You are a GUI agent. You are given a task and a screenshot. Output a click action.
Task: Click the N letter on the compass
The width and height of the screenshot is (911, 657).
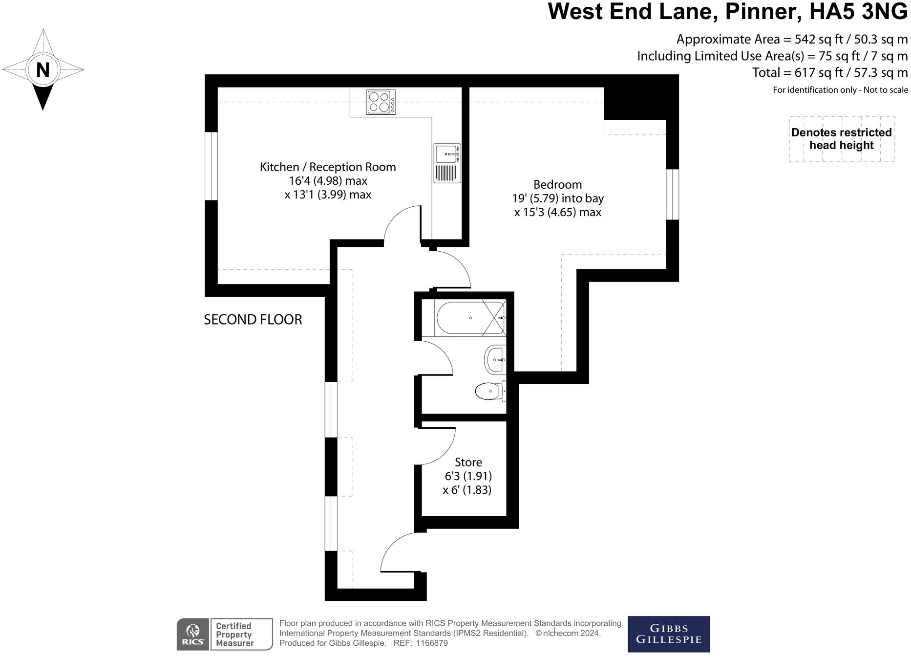[x=43, y=70]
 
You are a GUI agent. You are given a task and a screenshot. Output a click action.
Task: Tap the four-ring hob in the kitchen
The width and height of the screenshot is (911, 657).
[x=381, y=102]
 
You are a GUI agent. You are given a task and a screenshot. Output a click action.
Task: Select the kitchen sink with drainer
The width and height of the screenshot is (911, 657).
[x=447, y=163]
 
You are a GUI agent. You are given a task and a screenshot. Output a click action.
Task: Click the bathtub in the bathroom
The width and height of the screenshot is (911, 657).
[x=470, y=318]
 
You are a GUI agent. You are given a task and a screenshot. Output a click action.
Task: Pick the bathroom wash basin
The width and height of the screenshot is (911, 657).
[x=495, y=360]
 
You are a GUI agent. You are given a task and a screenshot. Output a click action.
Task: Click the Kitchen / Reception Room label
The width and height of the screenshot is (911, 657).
[x=327, y=167]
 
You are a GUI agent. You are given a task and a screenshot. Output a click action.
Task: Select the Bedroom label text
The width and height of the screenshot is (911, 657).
[x=557, y=185]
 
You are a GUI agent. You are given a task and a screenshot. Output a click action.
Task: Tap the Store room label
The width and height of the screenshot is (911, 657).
[x=468, y=462]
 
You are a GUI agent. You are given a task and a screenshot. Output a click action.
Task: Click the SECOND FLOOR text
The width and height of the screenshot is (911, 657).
[x=253, y=320]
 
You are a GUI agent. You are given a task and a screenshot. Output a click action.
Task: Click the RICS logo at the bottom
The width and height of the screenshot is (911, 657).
[x=193, y=635]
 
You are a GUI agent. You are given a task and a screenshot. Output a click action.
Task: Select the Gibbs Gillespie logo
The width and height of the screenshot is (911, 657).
[x=668, y=634]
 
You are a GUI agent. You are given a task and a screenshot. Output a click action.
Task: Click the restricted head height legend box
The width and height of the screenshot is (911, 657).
[x=841, y=139]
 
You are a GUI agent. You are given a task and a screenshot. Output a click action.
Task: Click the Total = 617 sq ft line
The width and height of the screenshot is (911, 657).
[x=829, y=73]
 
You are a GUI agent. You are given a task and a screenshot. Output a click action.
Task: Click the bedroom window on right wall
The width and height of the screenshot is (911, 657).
[x=672, y=195]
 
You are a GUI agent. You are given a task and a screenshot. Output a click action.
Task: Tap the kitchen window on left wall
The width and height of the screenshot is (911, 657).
[x=211, y=166]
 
